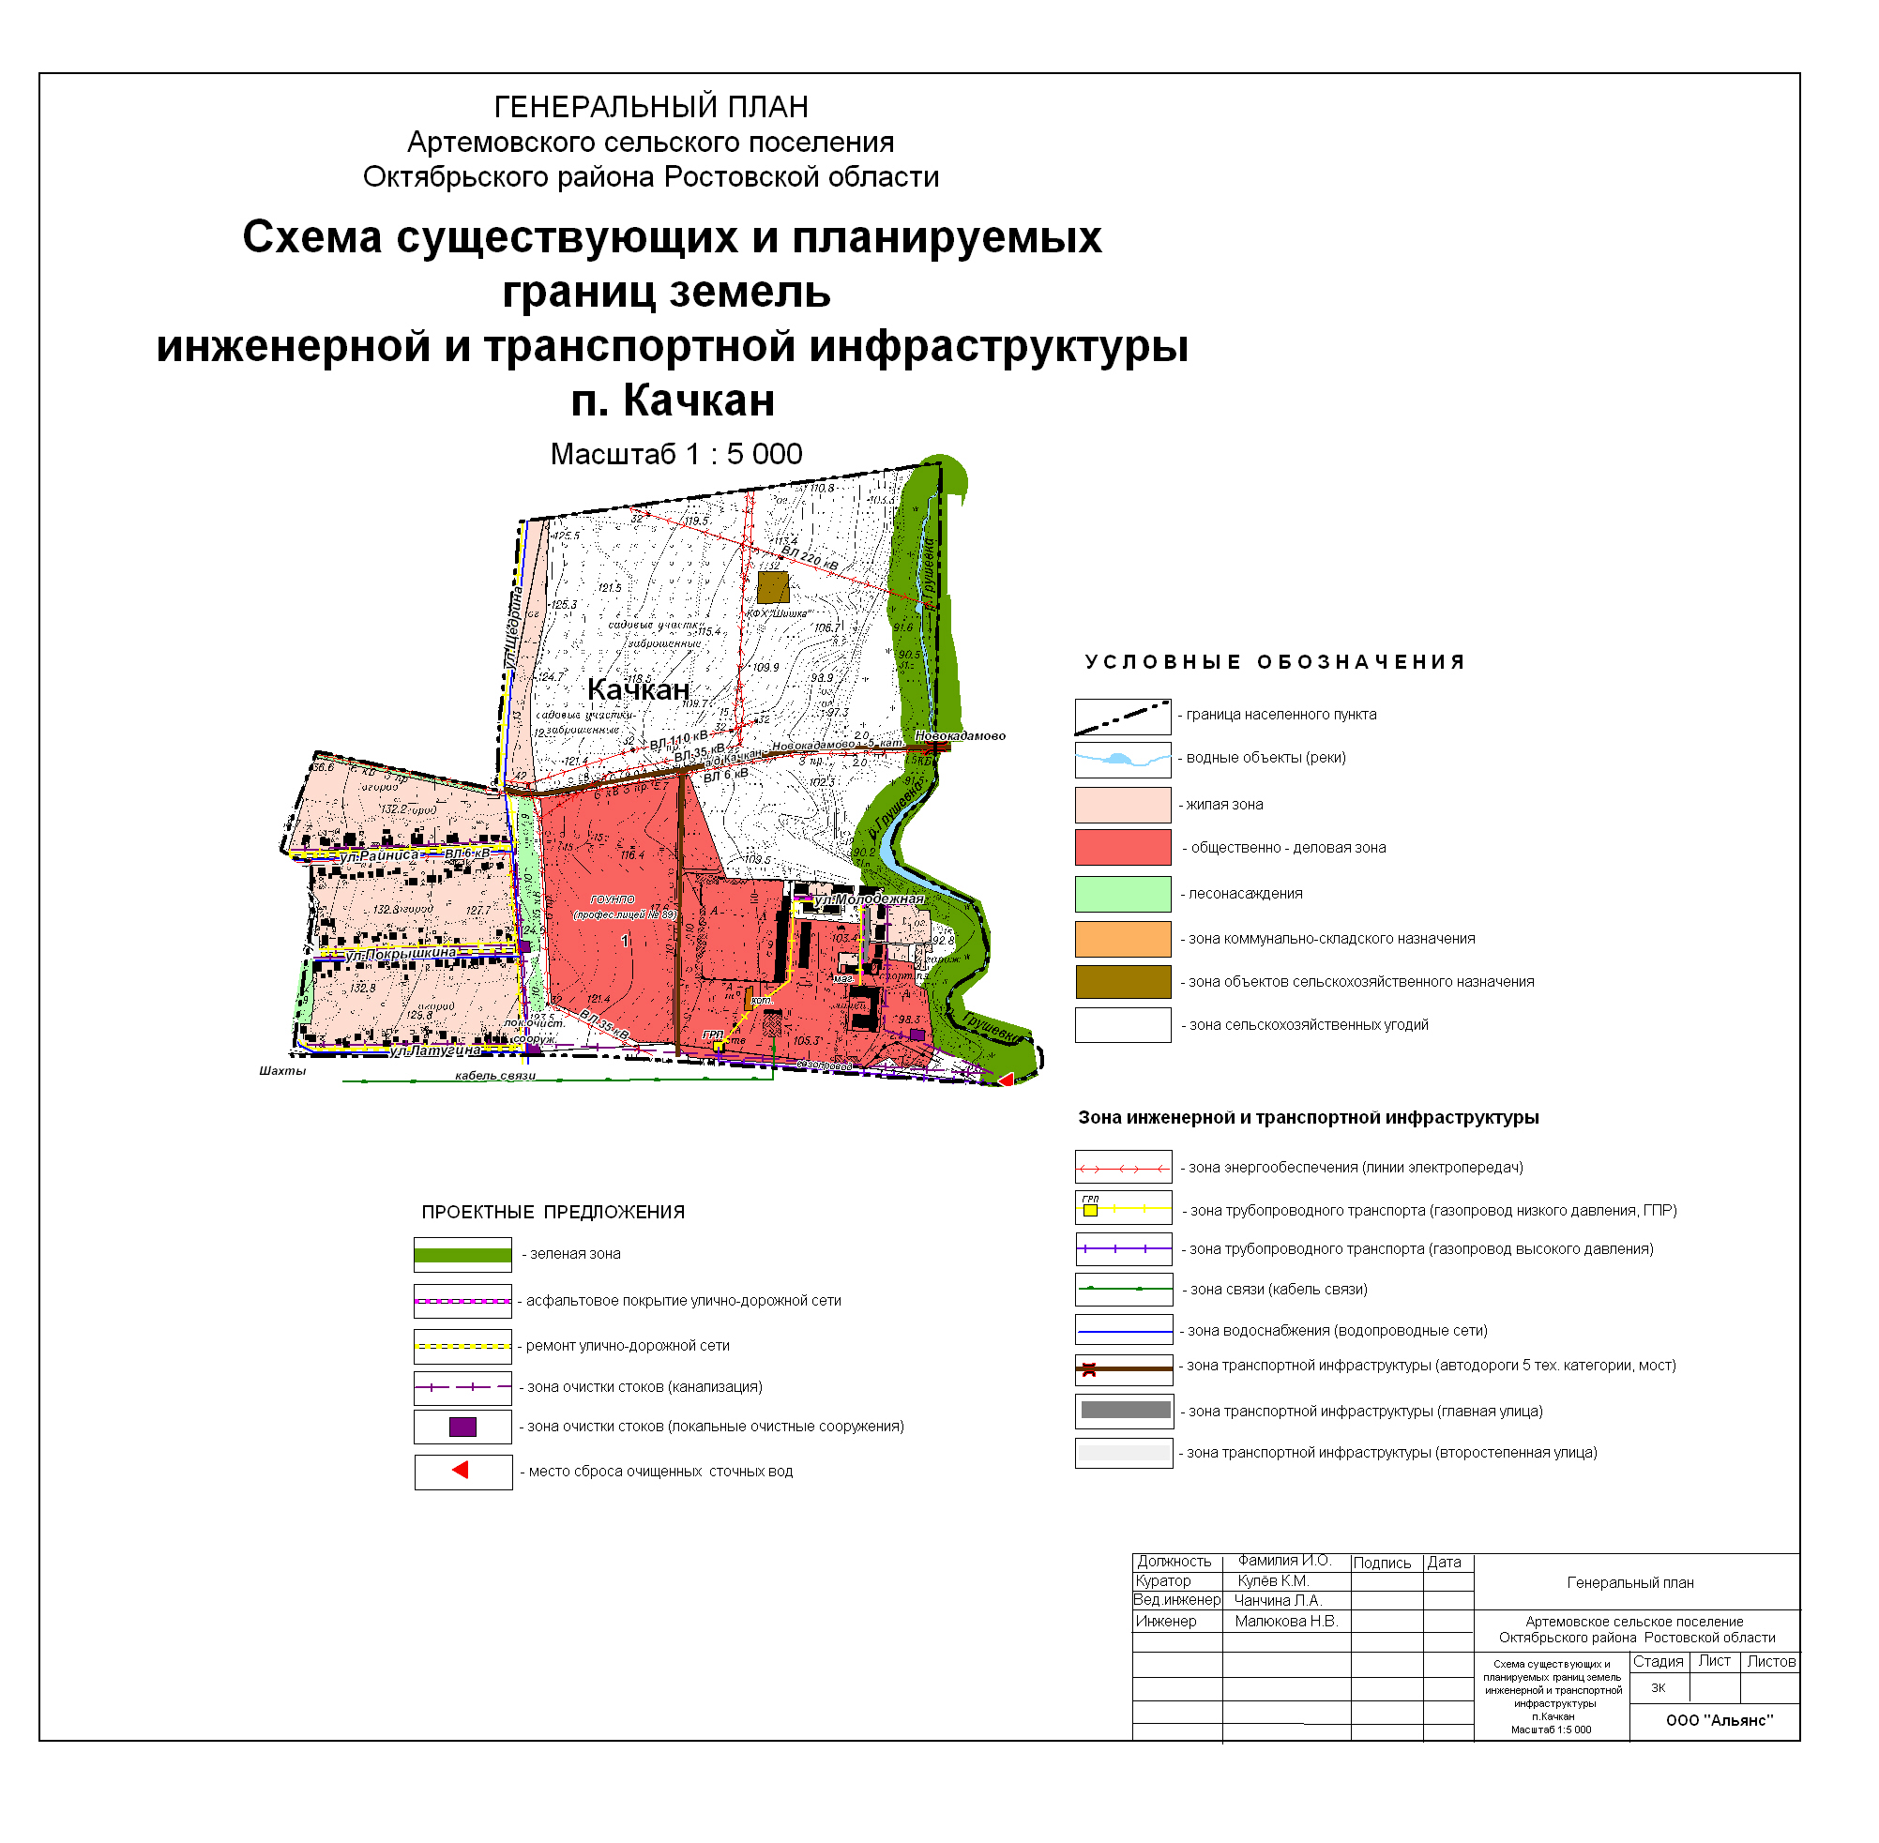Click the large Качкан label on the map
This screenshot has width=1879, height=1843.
tap(638, 690)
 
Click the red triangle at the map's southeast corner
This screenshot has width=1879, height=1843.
tap(1006, 1080)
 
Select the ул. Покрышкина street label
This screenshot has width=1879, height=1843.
tap(401, 954)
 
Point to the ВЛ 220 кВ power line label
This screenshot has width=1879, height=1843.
tap(810, 557)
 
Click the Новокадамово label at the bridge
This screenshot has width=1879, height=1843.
tap(960, 736)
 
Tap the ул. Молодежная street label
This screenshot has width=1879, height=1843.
tap(869, 900)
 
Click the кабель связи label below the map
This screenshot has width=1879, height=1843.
tap(494, 1077)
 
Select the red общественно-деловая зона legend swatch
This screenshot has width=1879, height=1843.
tap(1122, 848)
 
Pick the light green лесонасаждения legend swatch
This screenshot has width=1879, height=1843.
tap(1122, 895)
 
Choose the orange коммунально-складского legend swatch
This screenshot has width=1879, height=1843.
tap(1122, 939)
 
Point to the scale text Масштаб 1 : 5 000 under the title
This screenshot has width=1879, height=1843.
tap(675, 455)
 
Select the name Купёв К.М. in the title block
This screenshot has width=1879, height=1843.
tap(1273, 1581)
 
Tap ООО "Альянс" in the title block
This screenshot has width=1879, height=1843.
tap(1719, 1721)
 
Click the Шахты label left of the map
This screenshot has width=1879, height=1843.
tap(282, 1071)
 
